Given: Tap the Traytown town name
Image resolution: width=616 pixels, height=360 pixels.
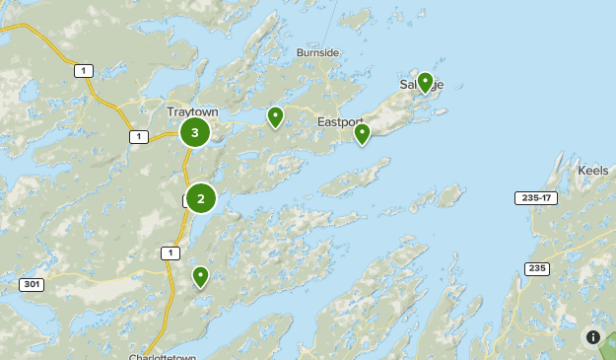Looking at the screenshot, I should coord(191,112).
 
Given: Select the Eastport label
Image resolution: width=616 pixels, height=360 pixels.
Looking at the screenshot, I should coord(341,121).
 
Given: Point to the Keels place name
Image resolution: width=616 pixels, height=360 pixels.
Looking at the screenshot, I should coord(593,170).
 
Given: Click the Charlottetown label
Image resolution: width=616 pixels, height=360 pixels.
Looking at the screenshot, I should coord(163,356).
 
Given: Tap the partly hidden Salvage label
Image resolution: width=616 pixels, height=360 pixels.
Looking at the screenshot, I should coord(422,85).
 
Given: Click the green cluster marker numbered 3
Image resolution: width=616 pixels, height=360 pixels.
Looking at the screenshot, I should coord(195,132).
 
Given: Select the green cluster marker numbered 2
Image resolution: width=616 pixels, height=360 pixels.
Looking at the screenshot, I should coord(201,198).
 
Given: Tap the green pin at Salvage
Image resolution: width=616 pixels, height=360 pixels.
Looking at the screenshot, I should coord(425,81).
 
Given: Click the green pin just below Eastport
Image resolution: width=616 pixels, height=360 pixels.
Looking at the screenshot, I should coord(363,132).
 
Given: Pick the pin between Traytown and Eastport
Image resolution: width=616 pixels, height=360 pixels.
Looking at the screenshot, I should coord(276,116).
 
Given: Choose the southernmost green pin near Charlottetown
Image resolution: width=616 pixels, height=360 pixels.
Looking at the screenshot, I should coord(201,276).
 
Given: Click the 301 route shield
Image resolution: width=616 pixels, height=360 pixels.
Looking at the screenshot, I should coord(31,285).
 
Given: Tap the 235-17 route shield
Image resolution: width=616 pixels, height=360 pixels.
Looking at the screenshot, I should coord(533,198).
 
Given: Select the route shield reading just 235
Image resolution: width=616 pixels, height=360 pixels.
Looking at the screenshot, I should coord(537,268).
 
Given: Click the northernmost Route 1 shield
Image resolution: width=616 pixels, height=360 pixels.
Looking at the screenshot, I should coord(85,70).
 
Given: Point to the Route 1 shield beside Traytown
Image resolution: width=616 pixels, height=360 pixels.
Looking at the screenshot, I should coord(139,136).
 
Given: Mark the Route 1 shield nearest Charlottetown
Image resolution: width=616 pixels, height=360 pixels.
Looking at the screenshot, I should coord(172,253).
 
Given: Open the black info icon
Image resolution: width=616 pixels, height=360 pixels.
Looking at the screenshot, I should coord(593,337).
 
